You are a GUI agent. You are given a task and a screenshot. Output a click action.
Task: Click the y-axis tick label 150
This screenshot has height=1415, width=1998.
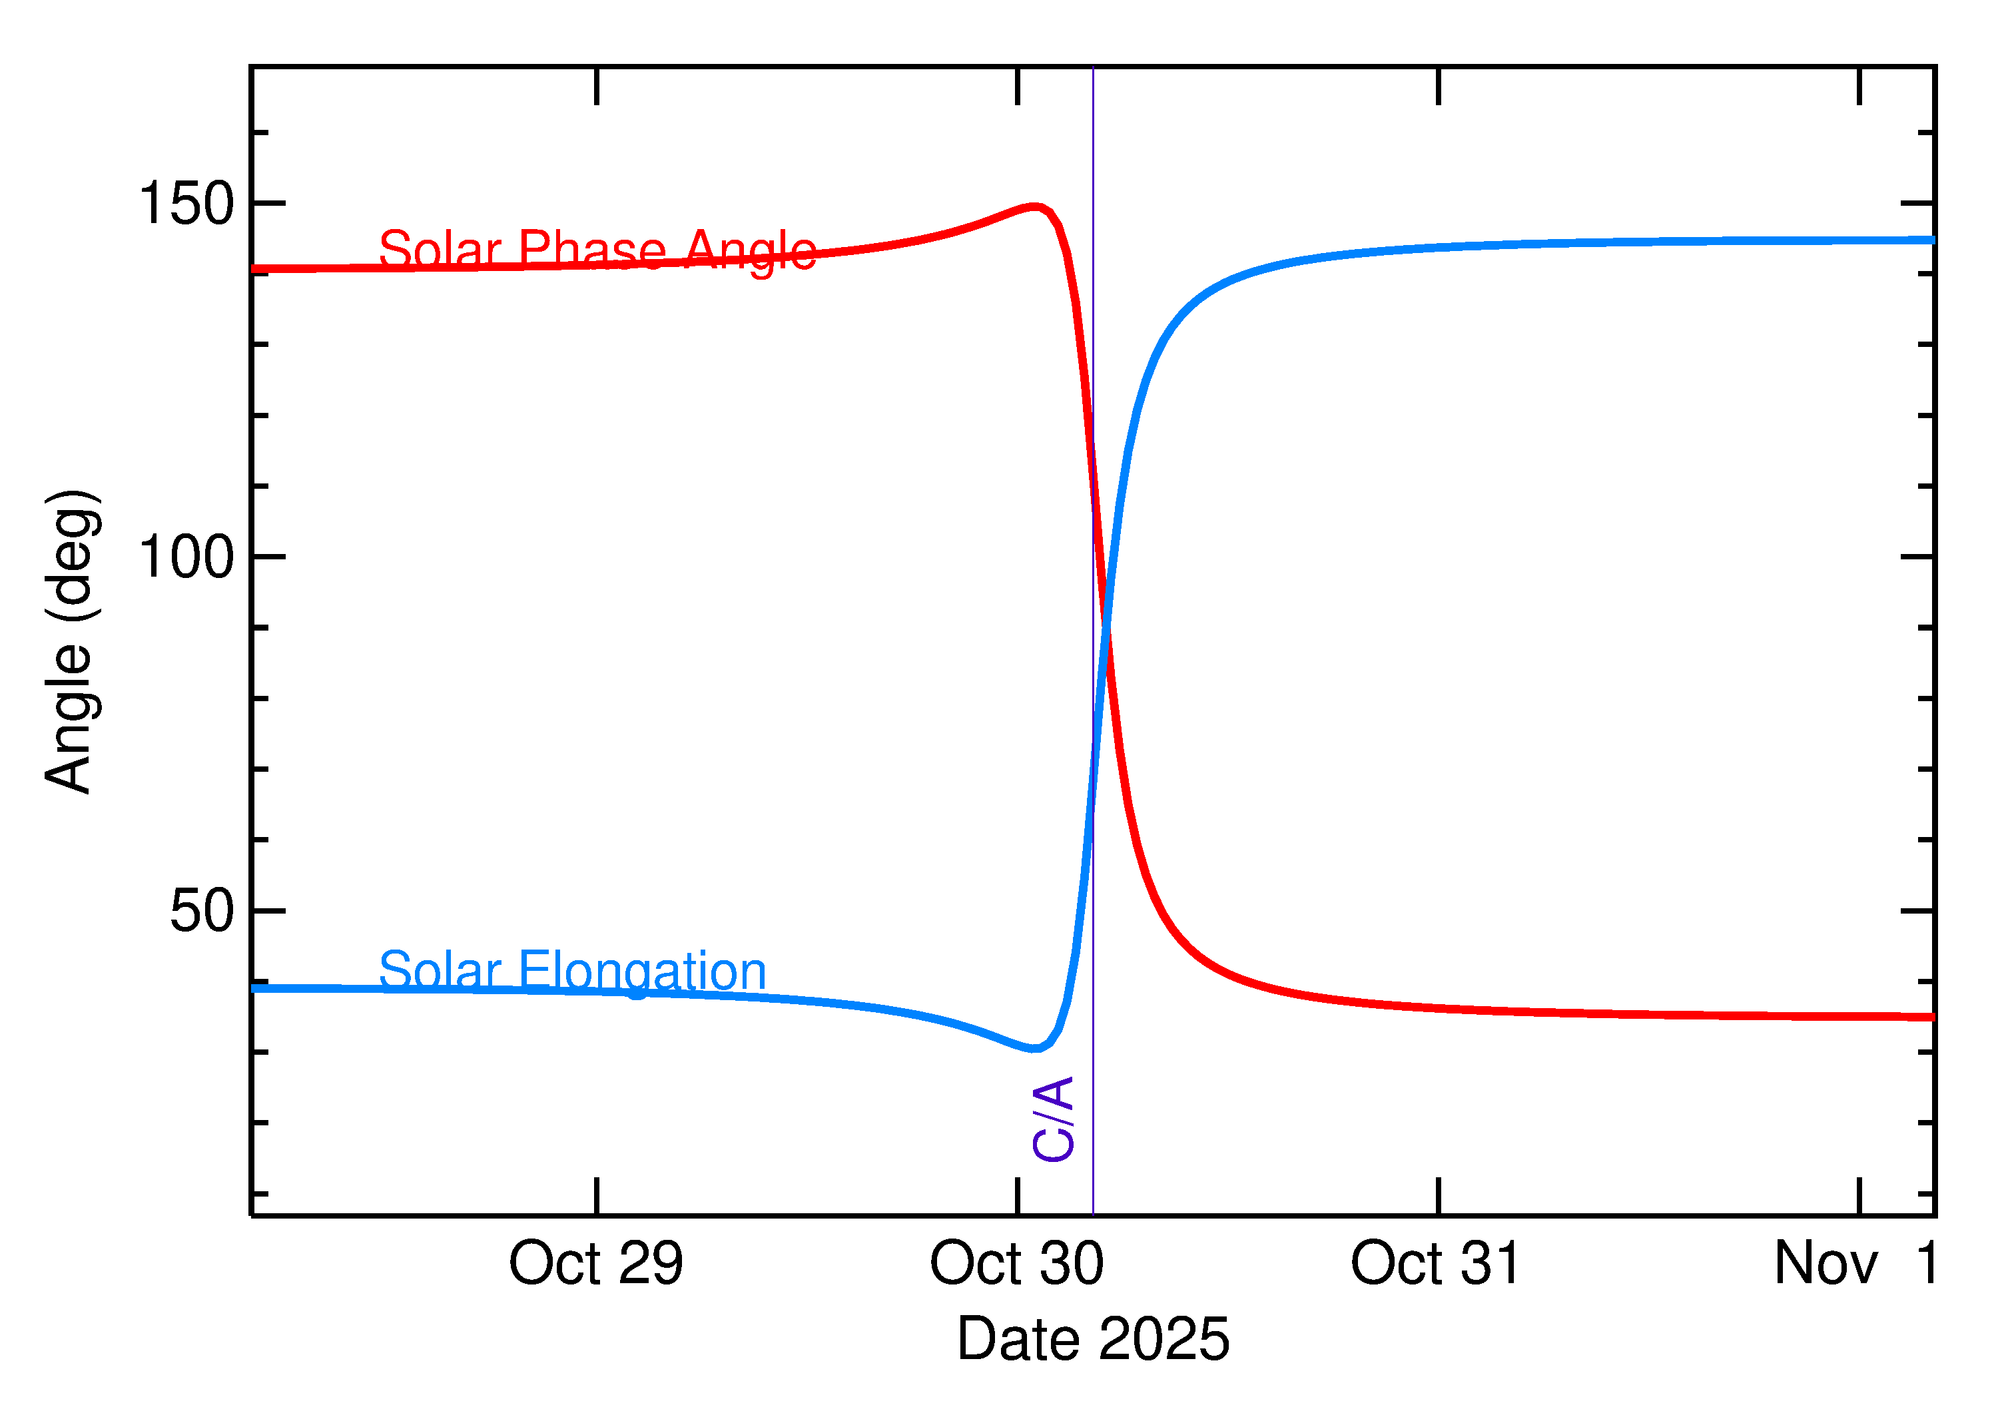click(x=186, y=204)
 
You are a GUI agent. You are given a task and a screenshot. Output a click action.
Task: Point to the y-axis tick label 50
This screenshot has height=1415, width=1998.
click(x=202, y=912)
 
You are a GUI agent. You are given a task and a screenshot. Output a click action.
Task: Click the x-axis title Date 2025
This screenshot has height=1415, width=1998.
click(x=1093, y=1339)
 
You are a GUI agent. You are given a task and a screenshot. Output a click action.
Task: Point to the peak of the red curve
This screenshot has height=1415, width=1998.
click(x=1034, y=206)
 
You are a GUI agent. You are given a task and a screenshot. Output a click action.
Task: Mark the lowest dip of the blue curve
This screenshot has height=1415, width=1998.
click(x=1032, y=1048)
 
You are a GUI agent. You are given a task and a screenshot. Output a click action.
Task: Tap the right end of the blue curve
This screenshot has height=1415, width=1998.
click(x=1933, y=240)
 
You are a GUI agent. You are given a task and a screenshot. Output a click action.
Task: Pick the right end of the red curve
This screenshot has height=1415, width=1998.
click(x=1933, y=1017)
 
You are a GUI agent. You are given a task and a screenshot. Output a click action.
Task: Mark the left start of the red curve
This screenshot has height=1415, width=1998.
click(x=254, y=269)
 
